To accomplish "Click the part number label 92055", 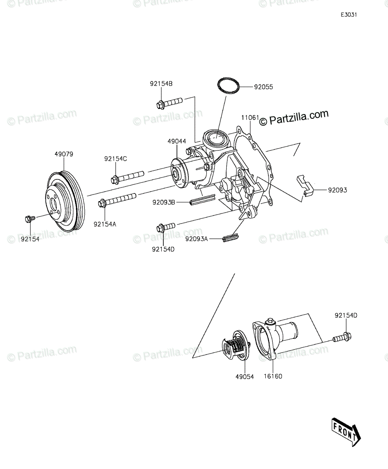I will tap(263, 87).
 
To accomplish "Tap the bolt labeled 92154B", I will tap(169, 104).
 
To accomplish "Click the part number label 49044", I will tap(177, 141).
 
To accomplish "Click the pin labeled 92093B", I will tap(202, 200).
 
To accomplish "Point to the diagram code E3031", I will tap(349, 15).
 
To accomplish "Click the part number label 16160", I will tap(273, 376).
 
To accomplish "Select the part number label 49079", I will tap(64, 154).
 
